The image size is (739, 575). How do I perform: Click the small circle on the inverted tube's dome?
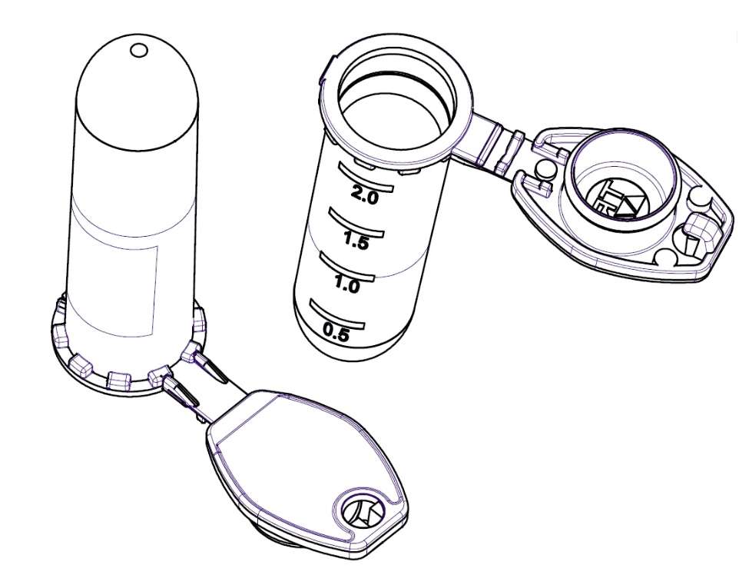coord(138,50)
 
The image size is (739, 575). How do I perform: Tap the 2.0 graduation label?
coord(365,194)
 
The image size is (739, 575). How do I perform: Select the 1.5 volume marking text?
coord(356,241)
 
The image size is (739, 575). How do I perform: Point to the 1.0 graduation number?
coord(347,284)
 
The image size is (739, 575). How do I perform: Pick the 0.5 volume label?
coord(336,333)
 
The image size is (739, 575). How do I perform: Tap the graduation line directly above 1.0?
coord(347,267)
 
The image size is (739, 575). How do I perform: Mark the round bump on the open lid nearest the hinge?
coord(545,168)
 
